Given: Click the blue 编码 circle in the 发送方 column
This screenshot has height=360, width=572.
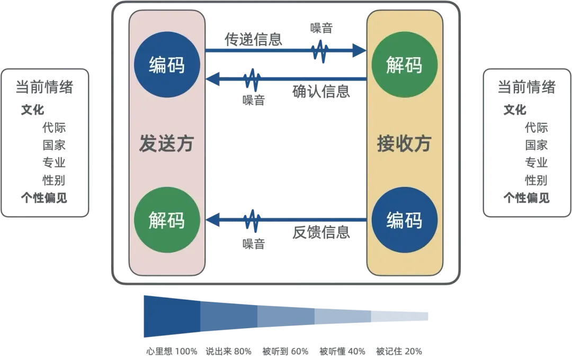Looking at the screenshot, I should point(166,66).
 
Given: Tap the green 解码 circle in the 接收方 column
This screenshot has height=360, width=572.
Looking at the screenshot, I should point(405,66).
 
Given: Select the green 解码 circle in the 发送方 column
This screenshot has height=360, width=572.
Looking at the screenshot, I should point(166,219).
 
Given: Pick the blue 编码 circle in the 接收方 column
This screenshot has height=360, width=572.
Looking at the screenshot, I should point(405,219).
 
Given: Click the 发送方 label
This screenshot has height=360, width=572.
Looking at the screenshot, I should point(166,143).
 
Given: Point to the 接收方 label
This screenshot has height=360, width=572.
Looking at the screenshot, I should point(405,143).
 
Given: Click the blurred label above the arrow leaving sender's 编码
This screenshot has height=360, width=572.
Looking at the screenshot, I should point(254,38).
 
